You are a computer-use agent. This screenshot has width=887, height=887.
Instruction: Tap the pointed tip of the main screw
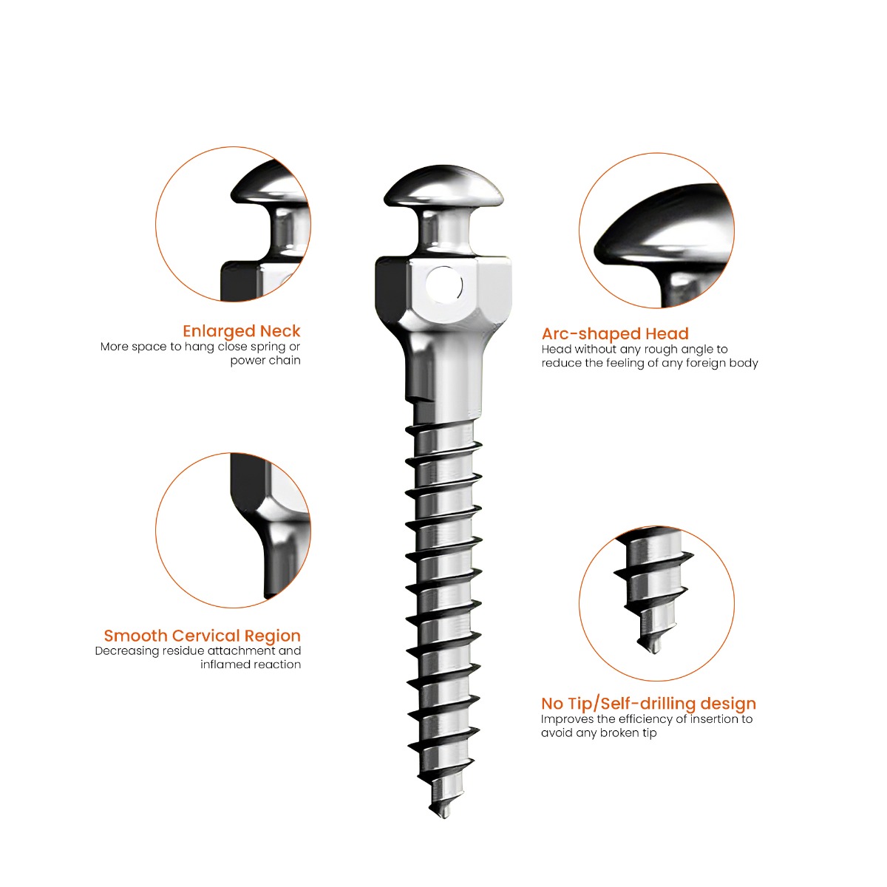(x=443, y=813)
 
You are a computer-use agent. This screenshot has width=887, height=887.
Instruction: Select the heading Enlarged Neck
(x=242, y=331)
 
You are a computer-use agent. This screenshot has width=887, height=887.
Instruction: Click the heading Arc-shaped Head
(x=615, y=334)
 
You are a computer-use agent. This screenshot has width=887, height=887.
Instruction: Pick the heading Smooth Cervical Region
(x=202, y=636)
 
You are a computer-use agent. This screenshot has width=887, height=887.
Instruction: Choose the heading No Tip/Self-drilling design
(x=648, y=704)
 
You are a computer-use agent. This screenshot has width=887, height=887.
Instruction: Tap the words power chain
(x=265, y=361)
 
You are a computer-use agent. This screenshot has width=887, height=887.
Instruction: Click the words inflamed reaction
(x=251, y=665)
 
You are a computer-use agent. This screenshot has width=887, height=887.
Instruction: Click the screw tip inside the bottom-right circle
(x=653, y=648)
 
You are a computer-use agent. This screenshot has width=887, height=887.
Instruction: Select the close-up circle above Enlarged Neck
(x=233, y=224)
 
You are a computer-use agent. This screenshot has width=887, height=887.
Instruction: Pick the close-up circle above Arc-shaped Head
(x=656, y=231)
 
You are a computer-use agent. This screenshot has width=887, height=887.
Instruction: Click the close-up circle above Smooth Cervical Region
(x=233, y=530)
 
